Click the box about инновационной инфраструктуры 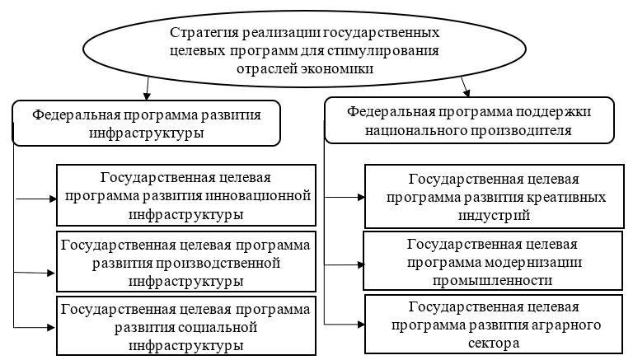tap(186, 195)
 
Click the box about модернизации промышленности tap(493, 261)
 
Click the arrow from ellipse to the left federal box tap(147, 87)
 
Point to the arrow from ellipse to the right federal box tap(466, 86)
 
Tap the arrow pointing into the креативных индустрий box tap(345, 198)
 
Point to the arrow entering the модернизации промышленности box tap(345, 264)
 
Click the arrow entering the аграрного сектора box tap(345, 325)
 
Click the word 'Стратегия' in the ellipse tap(199, 33)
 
